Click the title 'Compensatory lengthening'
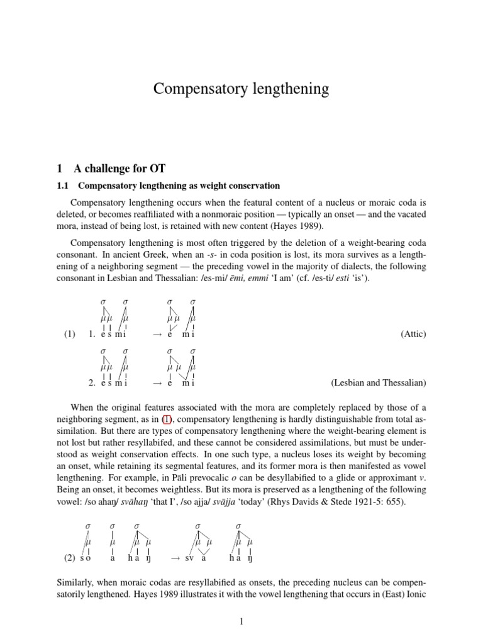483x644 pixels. pos(241,89)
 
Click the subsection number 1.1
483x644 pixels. pos(65,186)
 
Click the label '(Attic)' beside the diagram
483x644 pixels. pos(413,335)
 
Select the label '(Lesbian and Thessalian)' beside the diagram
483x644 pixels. pos(378,382)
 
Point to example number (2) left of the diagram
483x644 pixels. pos(70,558)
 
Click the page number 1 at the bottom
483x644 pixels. pos(241,622)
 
